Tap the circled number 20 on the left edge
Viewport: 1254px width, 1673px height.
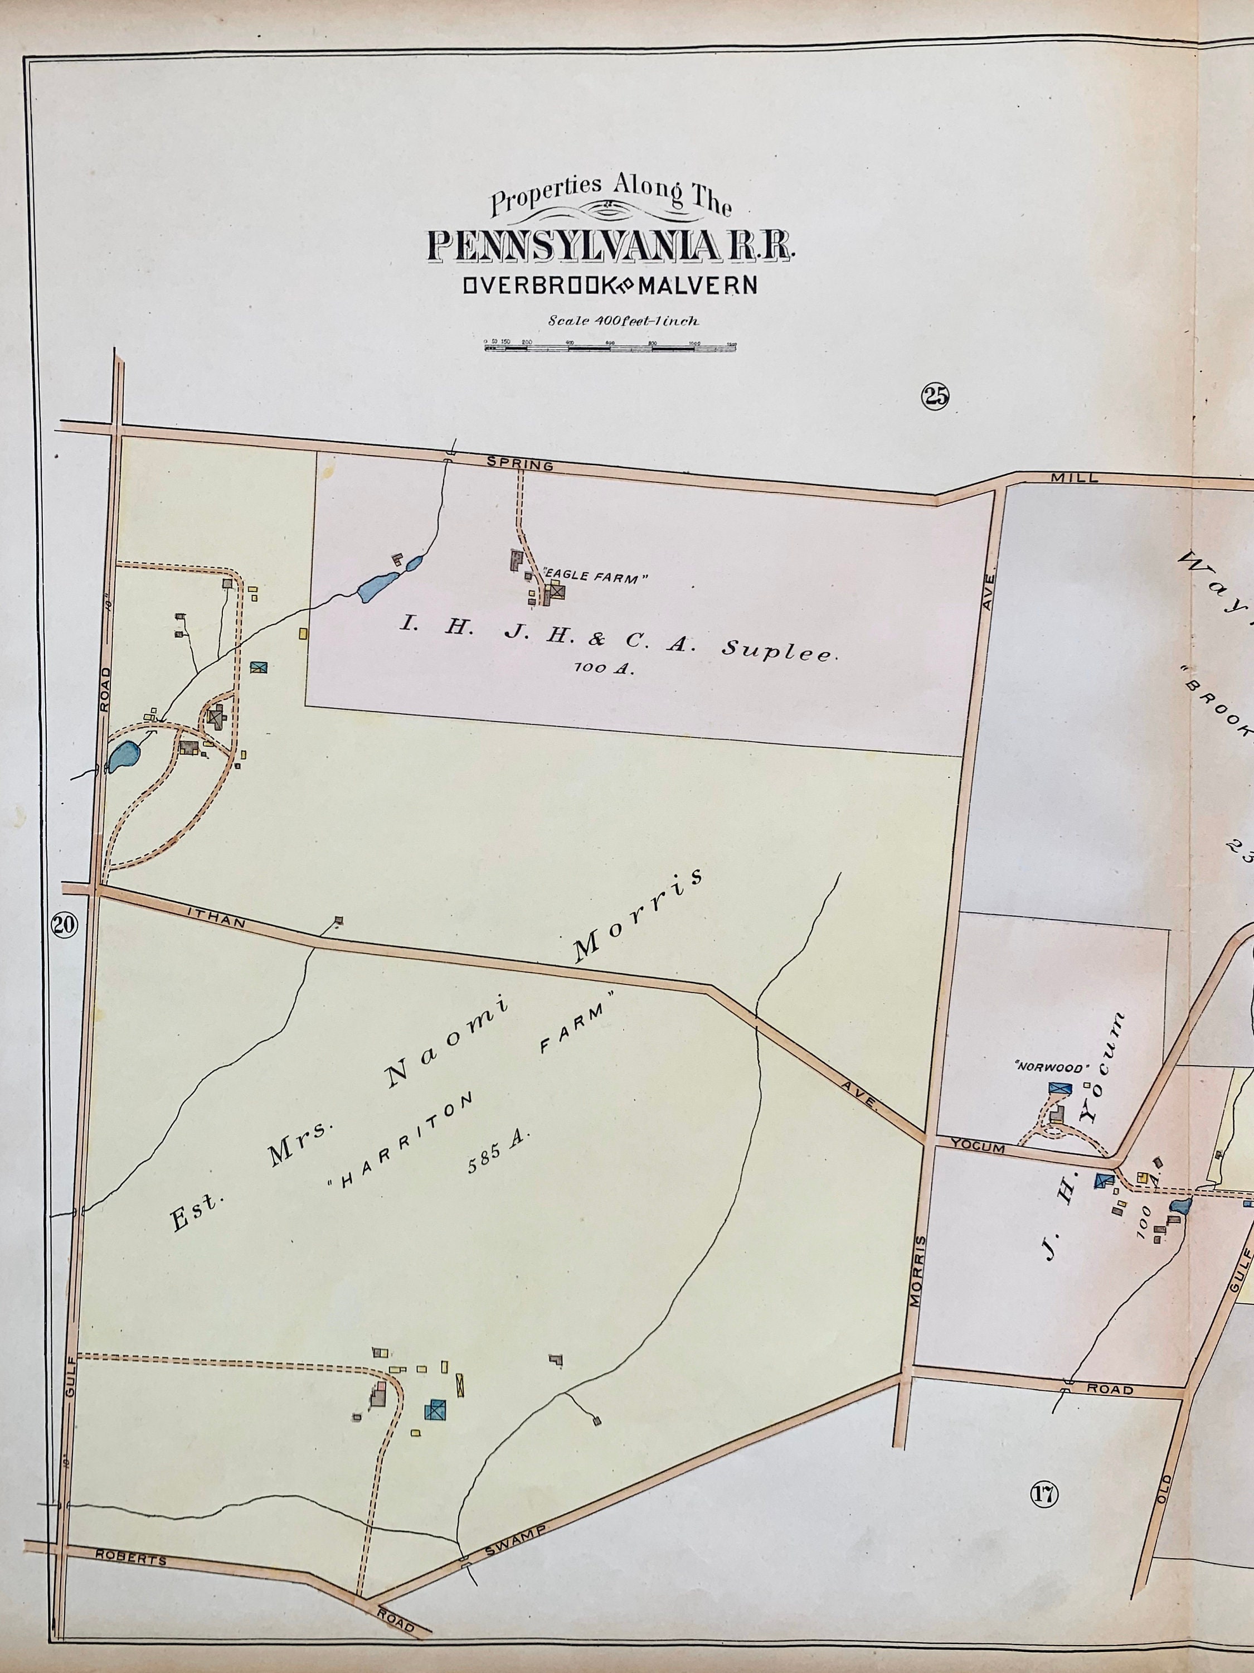coord(64,923)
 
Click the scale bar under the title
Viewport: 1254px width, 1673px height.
coord(611,346)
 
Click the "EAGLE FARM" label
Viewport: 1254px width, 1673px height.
coord(597,579)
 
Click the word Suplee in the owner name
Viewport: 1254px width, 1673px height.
coord(779,650)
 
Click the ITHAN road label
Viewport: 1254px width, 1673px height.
coord(216,921)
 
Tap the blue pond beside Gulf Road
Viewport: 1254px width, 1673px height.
coord(123,756)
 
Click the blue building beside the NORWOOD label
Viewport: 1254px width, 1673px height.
coord(1059,1089)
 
